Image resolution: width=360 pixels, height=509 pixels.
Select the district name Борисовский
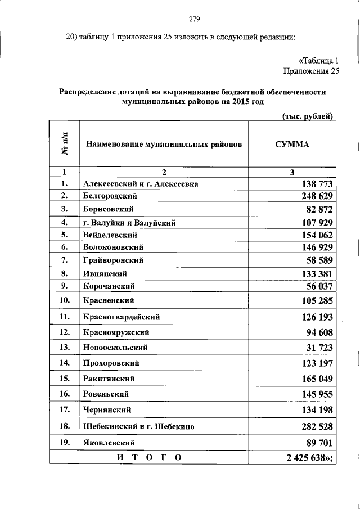tap(108, 209)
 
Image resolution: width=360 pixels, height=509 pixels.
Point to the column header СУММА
tap(292, 144)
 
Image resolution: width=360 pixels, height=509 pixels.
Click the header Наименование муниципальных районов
tap(164, 144)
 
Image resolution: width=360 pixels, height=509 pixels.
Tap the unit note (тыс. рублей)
tap(308, 116)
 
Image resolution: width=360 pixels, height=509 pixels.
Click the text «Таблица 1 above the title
tap(318, 60)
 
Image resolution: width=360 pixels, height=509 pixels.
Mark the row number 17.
tap(64, 410)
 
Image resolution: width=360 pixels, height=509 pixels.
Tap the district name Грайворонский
tap(113, 260)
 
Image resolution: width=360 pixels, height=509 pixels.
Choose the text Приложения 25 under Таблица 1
tap(311, 71)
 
